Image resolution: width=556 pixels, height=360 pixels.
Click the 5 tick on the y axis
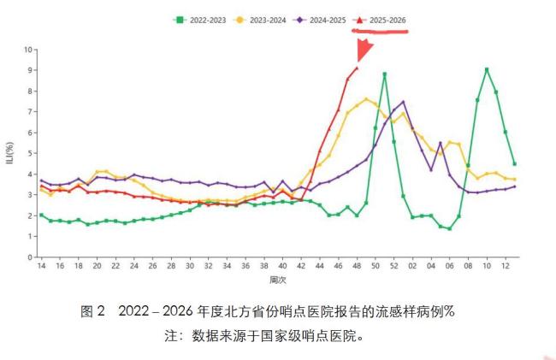point(29,153)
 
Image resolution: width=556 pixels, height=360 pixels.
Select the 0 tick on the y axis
point(29,257)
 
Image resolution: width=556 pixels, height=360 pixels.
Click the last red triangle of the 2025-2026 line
point(357,68)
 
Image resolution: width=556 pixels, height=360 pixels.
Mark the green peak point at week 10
point(487,70)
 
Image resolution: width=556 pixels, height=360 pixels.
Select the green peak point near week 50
point(385,74)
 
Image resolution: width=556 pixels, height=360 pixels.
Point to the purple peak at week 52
point(403,103)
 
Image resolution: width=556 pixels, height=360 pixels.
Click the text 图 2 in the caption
point(92,311)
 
